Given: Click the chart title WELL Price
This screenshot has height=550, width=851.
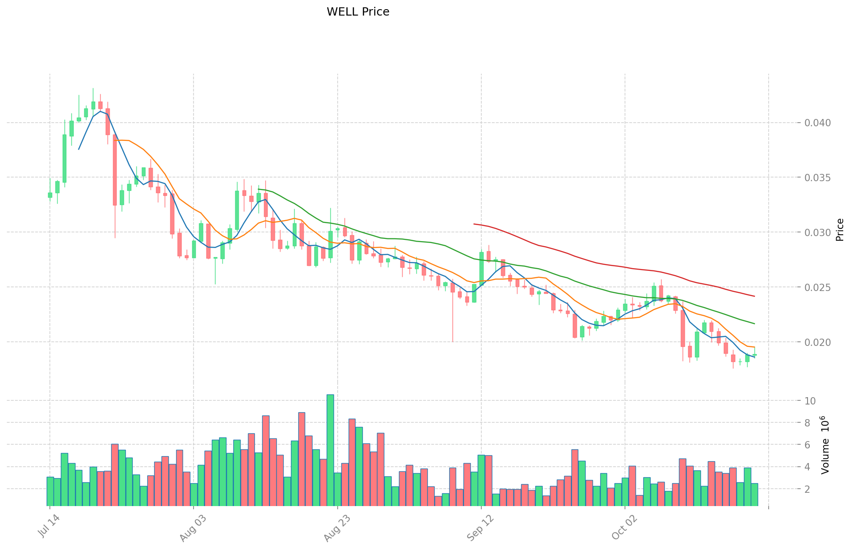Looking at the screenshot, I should (x=358, y=12).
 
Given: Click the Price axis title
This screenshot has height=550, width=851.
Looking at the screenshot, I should (x=840, y=230).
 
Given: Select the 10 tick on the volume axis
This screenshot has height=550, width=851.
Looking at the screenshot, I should (x=810, y=401).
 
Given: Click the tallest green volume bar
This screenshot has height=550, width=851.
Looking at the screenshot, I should (x=330, y=450).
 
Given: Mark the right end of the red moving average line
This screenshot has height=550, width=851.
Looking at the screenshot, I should (x=754, y=297).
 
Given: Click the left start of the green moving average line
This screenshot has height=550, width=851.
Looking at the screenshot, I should (x=259, y=189).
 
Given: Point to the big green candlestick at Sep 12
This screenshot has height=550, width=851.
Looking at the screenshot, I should (x=481, y=269).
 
